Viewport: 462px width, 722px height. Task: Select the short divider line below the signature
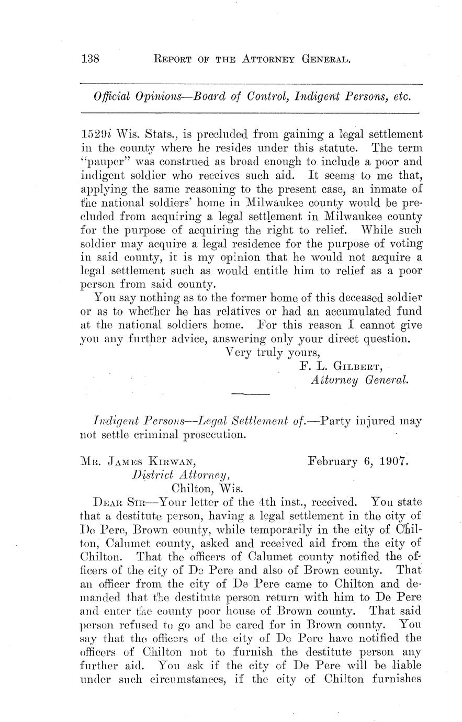(x=250, y=393)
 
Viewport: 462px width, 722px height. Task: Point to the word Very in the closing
(x=238, y=352)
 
